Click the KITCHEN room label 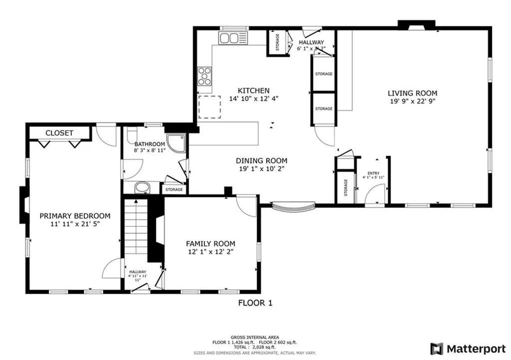click(254, 90)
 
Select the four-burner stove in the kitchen click(205, 76)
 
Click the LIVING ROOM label click(412, 93)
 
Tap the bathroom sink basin click(142, 188)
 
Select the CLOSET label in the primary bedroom click(59, 133)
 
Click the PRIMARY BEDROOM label click(75, 215)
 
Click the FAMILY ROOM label click(210, 243)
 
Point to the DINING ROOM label click(261, 161)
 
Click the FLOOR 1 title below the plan click(255, 303)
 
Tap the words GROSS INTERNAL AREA click(255, 337)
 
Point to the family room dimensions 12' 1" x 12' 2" click(210, 252)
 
